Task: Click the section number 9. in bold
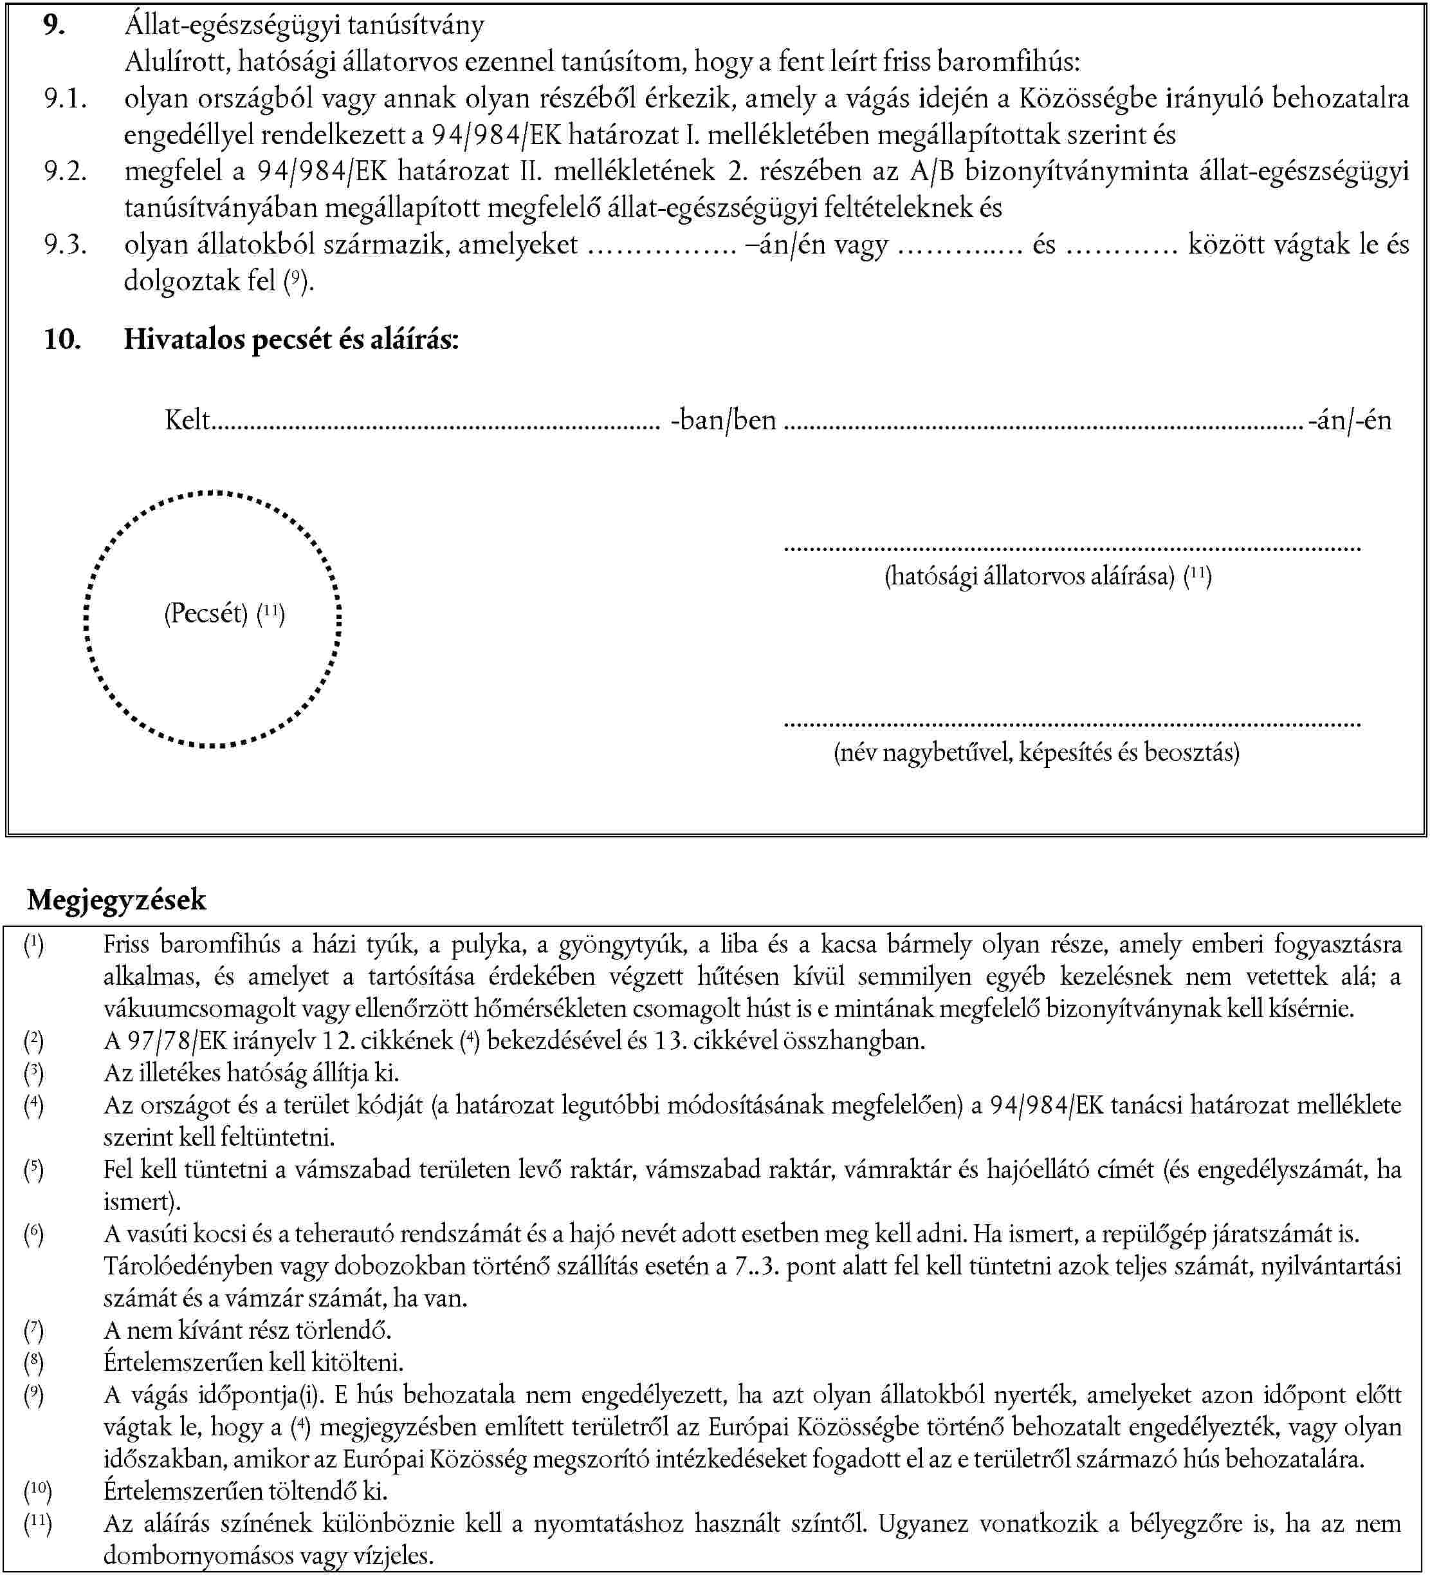pyautogui.click(x=54, y=26)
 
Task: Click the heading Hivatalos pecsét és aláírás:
pyautogui.click(x=291, y=339)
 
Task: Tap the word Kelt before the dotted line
pyautogui.click(x=187, y=420)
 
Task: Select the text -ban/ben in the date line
pyautogui.click(x=723, y=420)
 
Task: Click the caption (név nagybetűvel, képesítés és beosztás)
pyautogui.click(x=1036, y=752)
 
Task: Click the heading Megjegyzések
pyautogui.click(x=116, y=900)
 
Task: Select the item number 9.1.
pyautogui.click(x=65, y=98)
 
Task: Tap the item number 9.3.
pyautogui.click(x=65, y=245)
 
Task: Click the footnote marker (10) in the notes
pyautogui.click(x=37, y=1491)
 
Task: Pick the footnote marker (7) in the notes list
pyautogui.click(x=33, y=1330)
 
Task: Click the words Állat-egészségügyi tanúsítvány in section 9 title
pyautogui.click(x=304, y=26)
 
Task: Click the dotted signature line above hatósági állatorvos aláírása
pyautogui.click(x=1072, y=549)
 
